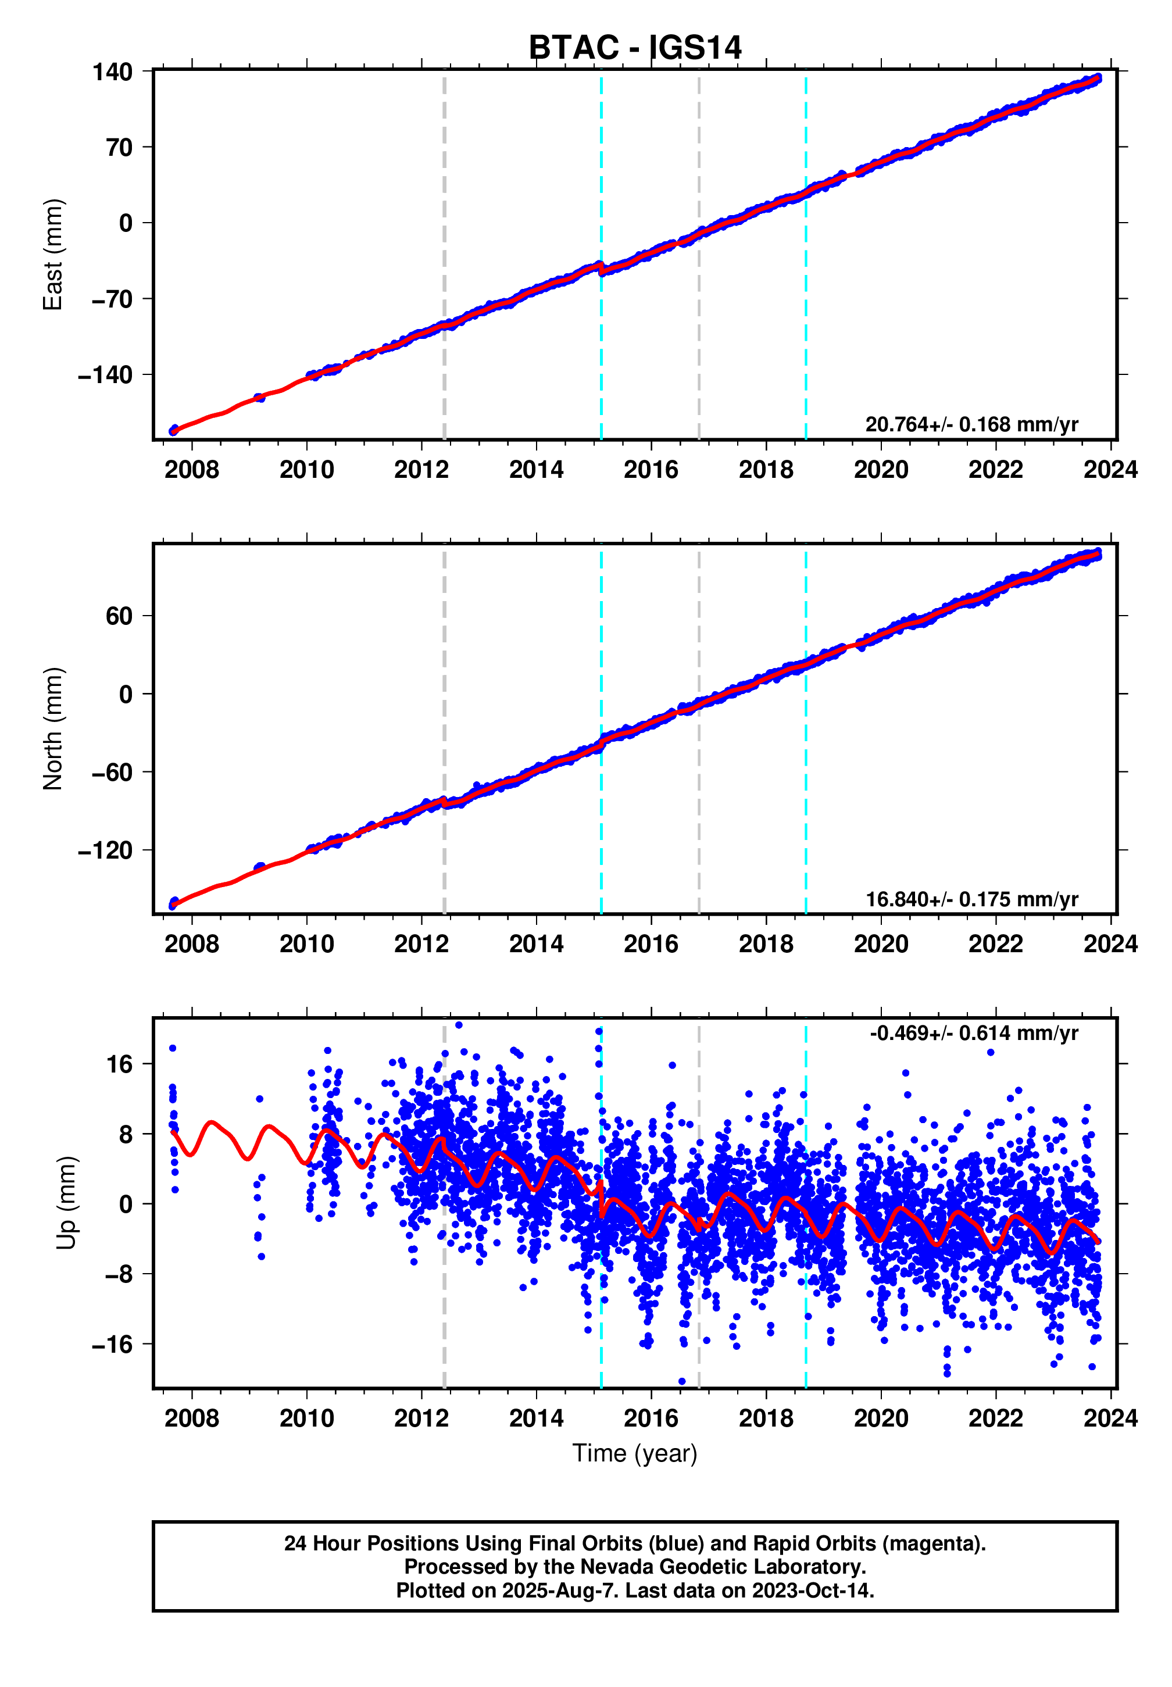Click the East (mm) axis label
pos(53,255)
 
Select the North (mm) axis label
pos(53,728)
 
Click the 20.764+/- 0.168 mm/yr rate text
pos(971,424)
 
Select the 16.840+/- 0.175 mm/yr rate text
pos(971,899)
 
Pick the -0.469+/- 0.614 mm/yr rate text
pos(973,1033)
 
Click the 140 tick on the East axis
pos(112,72)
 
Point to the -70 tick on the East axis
pos(112,299)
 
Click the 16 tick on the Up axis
pos(119,1064)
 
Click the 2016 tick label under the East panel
pos(651,470)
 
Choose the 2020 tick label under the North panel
pos(881,944)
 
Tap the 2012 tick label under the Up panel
pos(421,1418)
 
